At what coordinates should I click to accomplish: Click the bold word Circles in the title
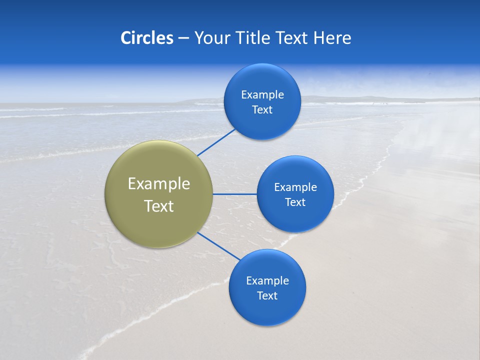147,38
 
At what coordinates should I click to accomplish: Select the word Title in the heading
254,38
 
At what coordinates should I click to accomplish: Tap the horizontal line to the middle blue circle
234,194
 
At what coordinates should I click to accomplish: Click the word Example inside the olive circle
158,184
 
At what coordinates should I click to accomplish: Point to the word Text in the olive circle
158,206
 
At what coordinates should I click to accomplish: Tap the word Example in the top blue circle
262,95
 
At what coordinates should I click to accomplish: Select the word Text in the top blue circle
262,110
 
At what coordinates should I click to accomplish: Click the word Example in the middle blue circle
295,187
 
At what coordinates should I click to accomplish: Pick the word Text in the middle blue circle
295,202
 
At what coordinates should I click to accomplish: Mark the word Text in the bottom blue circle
267,296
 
